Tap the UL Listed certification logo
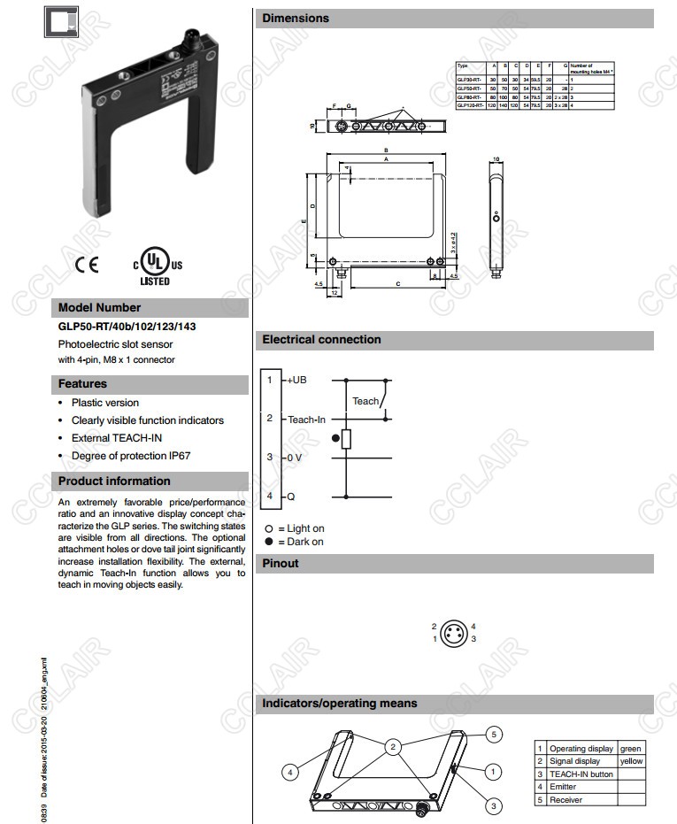pos(156,265)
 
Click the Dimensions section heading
pos(296,18)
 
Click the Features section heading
pos(82,384)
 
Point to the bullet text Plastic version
pos(105,403)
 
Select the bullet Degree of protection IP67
pos(131,456)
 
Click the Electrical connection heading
pos(321,339)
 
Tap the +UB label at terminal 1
pos(296,380)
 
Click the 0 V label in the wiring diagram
pos(294,458)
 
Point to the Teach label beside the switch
pos(365,401)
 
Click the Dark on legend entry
pos(300,542)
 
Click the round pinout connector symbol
pos(454,632)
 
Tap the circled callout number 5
pos(496,734)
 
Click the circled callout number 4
pos(289,773)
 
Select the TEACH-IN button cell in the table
pos(581,774)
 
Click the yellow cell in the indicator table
pos(632,761)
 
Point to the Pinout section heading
pos(281,563)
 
